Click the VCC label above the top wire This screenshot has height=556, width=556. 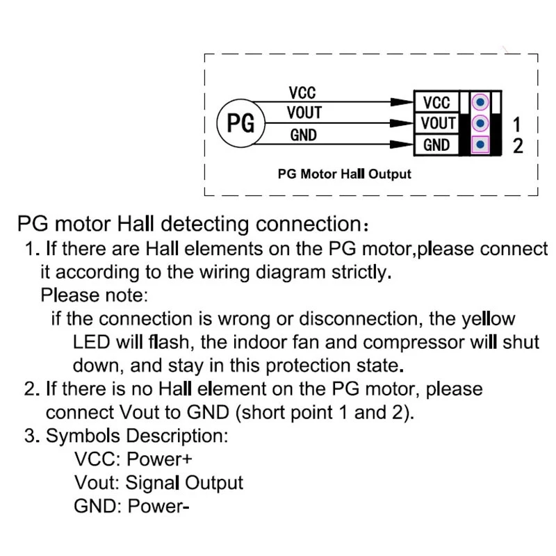click(x=302, y=92)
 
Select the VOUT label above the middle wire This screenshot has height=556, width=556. click(x=304, y=113)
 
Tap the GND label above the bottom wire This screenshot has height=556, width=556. click(x=303, y=135)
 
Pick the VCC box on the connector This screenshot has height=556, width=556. click(x=436, y=103)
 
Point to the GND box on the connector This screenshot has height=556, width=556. click(x=436, y=145)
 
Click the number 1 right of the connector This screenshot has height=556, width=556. click(x=517, y=125)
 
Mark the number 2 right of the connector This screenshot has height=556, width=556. click(x=517, y=146)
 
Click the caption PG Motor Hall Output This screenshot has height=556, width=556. click(x=344, y=174)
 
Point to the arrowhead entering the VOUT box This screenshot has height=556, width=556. click(x=402, y=123)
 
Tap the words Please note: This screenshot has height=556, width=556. click(x=94, y=295)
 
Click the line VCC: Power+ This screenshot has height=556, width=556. click(x=133, y=459)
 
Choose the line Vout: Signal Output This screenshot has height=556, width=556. click(x=158, y=482)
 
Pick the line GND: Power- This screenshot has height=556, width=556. click(x=131, y=505)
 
